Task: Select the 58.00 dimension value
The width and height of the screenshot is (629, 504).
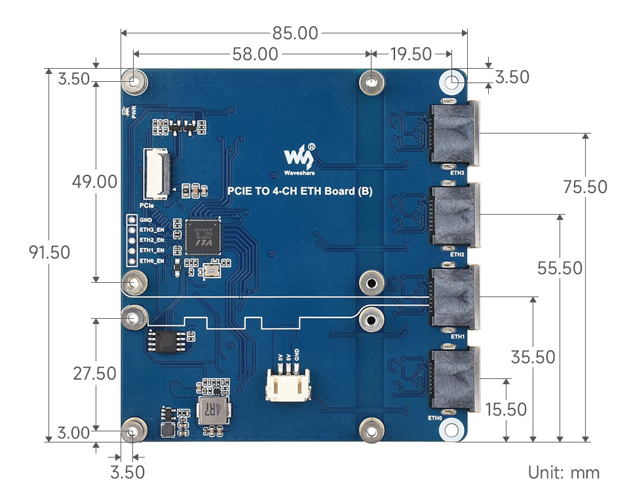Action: point(255,54)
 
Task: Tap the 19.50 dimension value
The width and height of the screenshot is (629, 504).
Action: point(410,54)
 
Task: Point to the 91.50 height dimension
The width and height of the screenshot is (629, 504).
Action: point(48,252)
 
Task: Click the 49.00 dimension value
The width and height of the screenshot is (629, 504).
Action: point(96,181)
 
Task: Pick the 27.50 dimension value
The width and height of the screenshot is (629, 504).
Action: point(95,374)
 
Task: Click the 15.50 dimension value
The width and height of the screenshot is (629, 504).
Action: point(506,410)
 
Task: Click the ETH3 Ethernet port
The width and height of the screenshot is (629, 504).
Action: point(454,134)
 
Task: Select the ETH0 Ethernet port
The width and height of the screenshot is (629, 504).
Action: point(454,380)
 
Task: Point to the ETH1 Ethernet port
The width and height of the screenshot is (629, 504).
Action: point(454,298)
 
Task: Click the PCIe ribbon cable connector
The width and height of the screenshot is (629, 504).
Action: point(156,173)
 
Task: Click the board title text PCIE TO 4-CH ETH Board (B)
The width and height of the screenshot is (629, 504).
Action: point(300,192)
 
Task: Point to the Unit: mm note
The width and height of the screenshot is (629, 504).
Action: point(563,472)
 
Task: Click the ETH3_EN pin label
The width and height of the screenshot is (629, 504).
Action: point(151,230)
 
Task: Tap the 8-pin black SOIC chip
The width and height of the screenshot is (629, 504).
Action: point(168,340)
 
